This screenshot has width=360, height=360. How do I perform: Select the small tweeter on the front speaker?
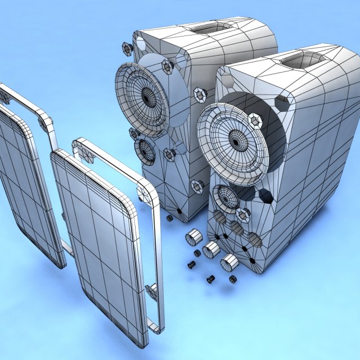tap(228, 198)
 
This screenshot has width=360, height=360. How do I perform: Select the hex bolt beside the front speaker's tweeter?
tap(243, 214)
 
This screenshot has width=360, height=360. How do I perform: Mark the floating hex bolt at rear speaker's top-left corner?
tap(127, 48)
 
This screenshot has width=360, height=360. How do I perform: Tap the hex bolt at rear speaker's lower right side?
tap(196, 186)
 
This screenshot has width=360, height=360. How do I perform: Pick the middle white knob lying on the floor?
tap(211, 249)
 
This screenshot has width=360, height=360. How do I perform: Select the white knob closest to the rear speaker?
tap(193, 237)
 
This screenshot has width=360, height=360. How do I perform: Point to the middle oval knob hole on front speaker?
tap(237, 228)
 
